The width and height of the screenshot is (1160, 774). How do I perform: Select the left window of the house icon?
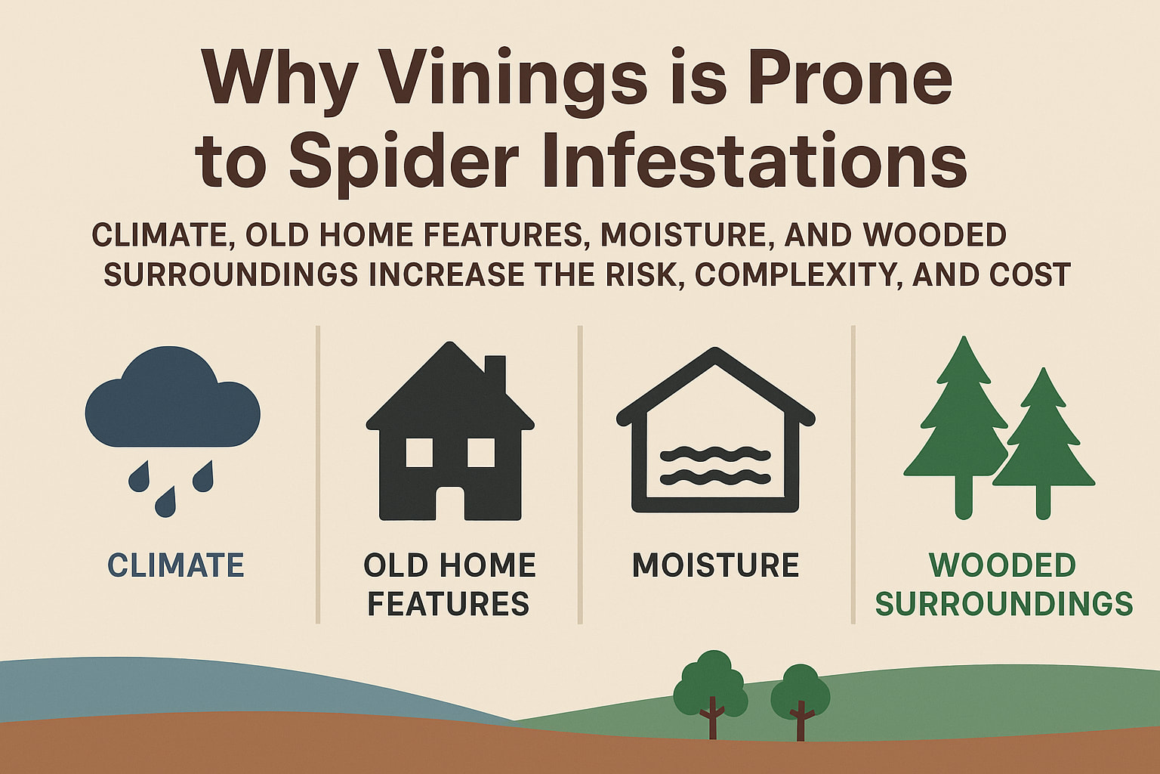coord(419,452)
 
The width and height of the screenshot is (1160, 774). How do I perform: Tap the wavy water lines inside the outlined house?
coord(714,465)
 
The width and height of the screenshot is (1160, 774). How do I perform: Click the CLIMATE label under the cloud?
coord(176,565)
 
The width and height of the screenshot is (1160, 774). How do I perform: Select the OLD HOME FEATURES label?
coord(449,584)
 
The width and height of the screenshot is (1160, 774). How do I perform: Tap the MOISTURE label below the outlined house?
coord(715,565)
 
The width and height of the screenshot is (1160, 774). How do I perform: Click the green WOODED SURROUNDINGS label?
coord(1003,584)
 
